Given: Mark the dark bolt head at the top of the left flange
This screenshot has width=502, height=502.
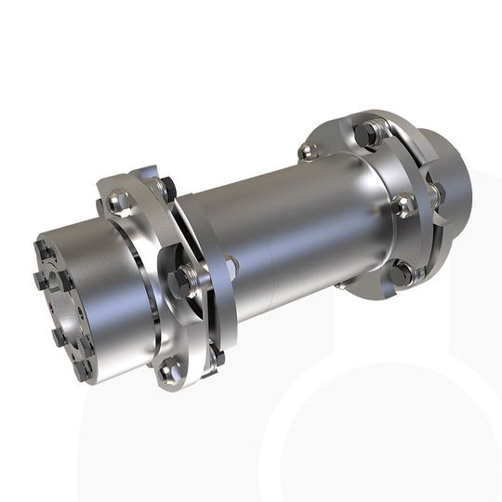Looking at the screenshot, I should (x=165, y=186).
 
